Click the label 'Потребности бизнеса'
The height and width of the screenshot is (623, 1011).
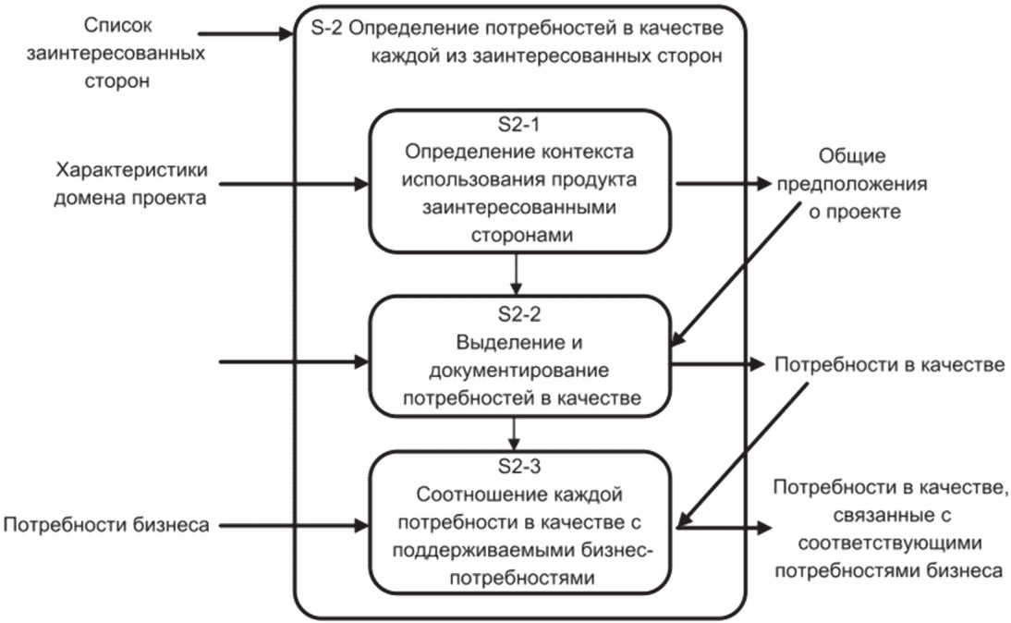point(106,526)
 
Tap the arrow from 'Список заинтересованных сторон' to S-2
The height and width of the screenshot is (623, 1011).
point(250,36)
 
